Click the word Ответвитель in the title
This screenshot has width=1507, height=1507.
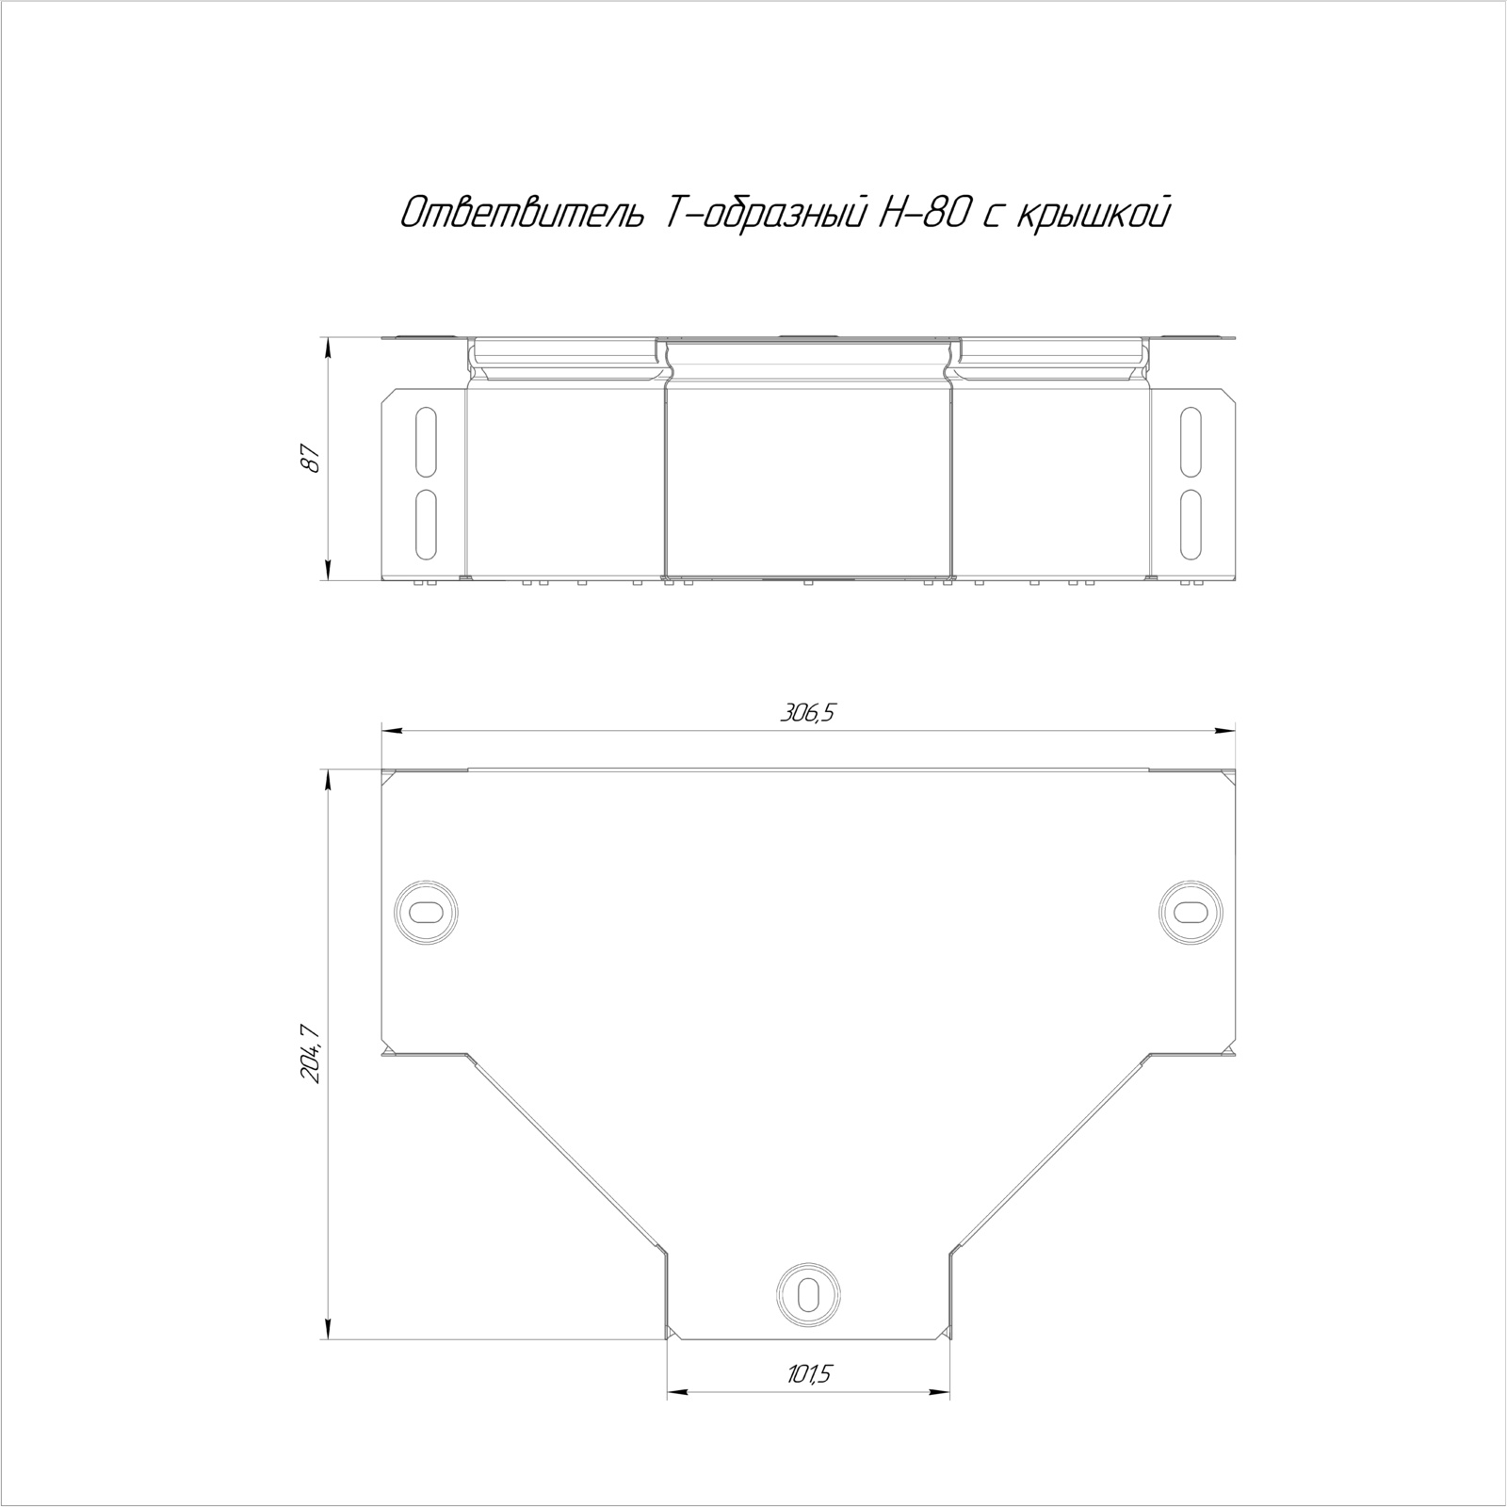tap(522, 215)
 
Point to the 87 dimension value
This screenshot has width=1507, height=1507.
tap(313, 459)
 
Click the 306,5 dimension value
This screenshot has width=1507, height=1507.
tap(807, 713)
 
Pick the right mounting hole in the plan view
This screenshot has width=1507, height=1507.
tap(1191, 911)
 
